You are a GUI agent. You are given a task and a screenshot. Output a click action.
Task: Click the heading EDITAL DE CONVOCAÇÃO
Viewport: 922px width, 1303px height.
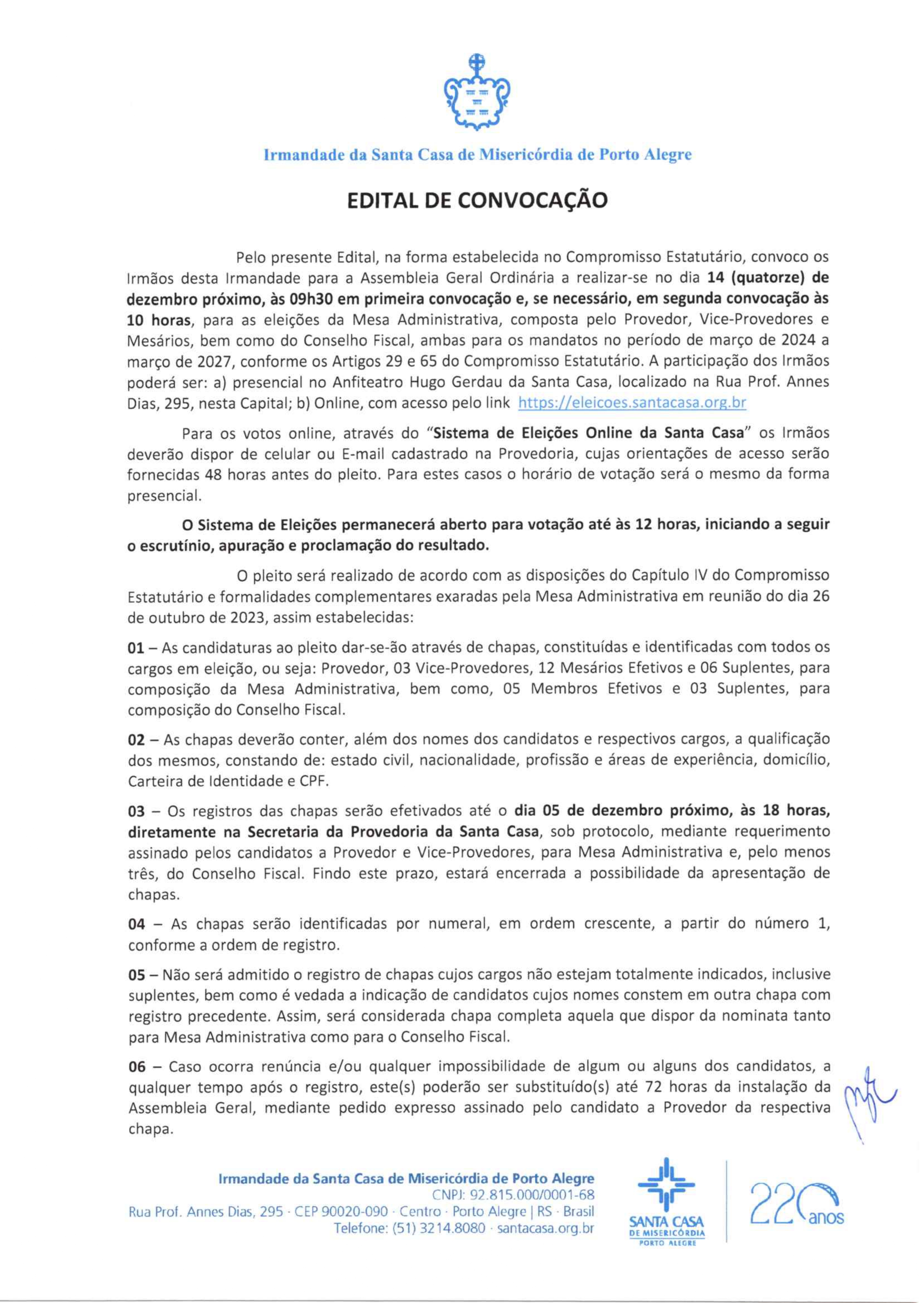coord(477,200)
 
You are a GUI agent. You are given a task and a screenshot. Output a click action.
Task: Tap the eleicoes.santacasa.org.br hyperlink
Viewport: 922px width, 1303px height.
coord(632,403)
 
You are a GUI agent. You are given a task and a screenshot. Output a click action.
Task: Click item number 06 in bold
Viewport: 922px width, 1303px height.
coord(138,1066)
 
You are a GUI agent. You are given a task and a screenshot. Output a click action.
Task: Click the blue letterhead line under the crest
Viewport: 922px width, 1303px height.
coord(477,154)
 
